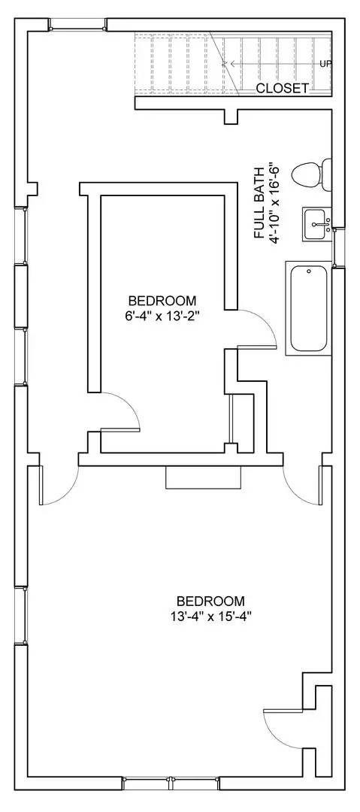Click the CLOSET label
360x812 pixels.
282,88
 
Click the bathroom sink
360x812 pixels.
317,223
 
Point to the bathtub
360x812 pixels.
309,308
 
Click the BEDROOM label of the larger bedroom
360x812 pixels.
210,601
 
